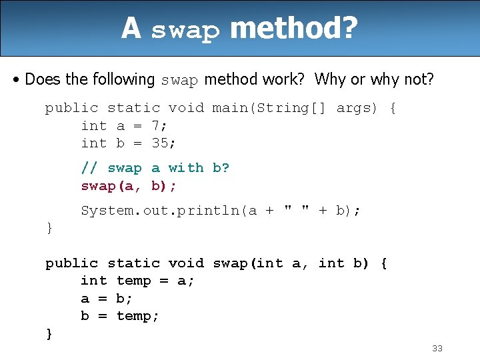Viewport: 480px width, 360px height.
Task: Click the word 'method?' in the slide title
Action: (x=293, y=28)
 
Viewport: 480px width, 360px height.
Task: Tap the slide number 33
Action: (x=437, y=348)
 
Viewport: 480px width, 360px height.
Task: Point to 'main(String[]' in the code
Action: (x=269, y=108)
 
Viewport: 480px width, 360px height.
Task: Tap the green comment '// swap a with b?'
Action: (x=155, y=168)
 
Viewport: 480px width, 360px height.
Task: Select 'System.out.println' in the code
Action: (x=160, y=211)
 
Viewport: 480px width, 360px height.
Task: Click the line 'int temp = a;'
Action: (x=137, y=281)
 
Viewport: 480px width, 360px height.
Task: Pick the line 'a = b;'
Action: (x=107, y=299)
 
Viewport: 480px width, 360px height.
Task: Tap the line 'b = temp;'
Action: (x=120, y=316)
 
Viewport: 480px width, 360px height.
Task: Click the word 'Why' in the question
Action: (x=330, y=80)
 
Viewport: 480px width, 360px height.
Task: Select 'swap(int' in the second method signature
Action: (x=247, y=263)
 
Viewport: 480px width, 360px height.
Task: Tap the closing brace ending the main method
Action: (x=49, y=229)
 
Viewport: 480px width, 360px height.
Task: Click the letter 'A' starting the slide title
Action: (x=131, y=28)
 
